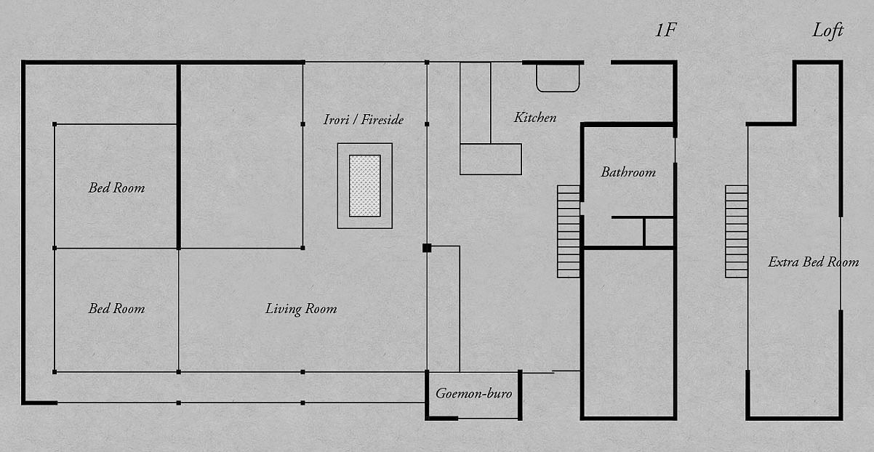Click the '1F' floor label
667,31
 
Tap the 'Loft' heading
827,31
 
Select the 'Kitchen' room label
535,117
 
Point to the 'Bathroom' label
628,172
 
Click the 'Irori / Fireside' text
364,119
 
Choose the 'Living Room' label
301,309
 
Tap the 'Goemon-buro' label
474,394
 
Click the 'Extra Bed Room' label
813,262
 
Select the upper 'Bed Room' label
116,188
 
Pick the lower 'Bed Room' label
116,309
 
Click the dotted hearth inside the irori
364,186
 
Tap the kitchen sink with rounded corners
558,78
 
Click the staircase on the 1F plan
569,231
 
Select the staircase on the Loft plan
737,231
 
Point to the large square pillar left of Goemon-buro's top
427,248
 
